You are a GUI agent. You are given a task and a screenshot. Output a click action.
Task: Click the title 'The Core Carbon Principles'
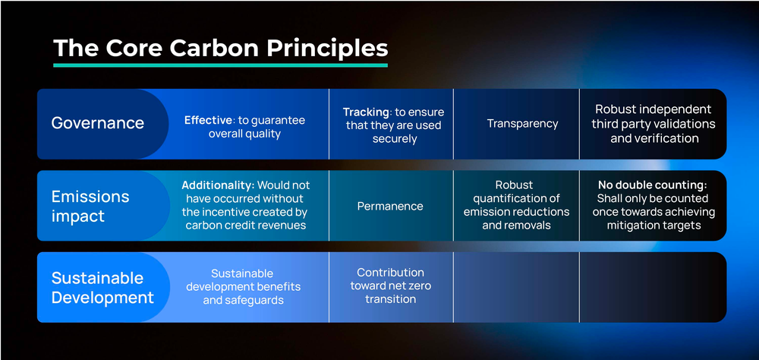pyautogui.click(x=220, y=48)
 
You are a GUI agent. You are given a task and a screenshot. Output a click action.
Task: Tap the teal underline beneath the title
pyautogui.click(x=220, y=65)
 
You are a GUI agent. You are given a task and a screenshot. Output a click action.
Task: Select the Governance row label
pyautogui.click(x=97, y=123)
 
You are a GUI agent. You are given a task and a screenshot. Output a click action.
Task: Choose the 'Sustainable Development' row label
pyautogui.click(x=102, y=287)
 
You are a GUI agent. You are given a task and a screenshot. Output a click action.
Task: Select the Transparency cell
pyautogui.click(x=522, y=123)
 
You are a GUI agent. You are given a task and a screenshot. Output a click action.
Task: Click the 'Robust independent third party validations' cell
pyautogui.click(x=653, y=124)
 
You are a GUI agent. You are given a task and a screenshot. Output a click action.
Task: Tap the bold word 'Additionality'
pyautogui.click(x=218, y=185)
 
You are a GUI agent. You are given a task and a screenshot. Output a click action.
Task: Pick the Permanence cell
pyautogui.click(x=390, y=206)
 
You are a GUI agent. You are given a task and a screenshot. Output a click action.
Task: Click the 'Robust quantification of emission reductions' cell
pyautogui.click(x=515, y=205)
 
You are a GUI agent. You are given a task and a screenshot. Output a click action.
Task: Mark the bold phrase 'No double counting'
pyautogui.click(x=651, y=185)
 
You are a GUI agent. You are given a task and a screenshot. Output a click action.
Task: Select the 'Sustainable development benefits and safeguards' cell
pyautogui.click(x=243, y=286)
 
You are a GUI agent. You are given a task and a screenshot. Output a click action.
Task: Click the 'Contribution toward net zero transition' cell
pyautogui.click(x=390, y=286)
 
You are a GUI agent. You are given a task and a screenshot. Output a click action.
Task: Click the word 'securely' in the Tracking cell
pyautogui.click(x=395, y=139)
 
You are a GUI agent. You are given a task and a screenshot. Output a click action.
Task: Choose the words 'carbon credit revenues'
pyautogui.click(x=244, y=226)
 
